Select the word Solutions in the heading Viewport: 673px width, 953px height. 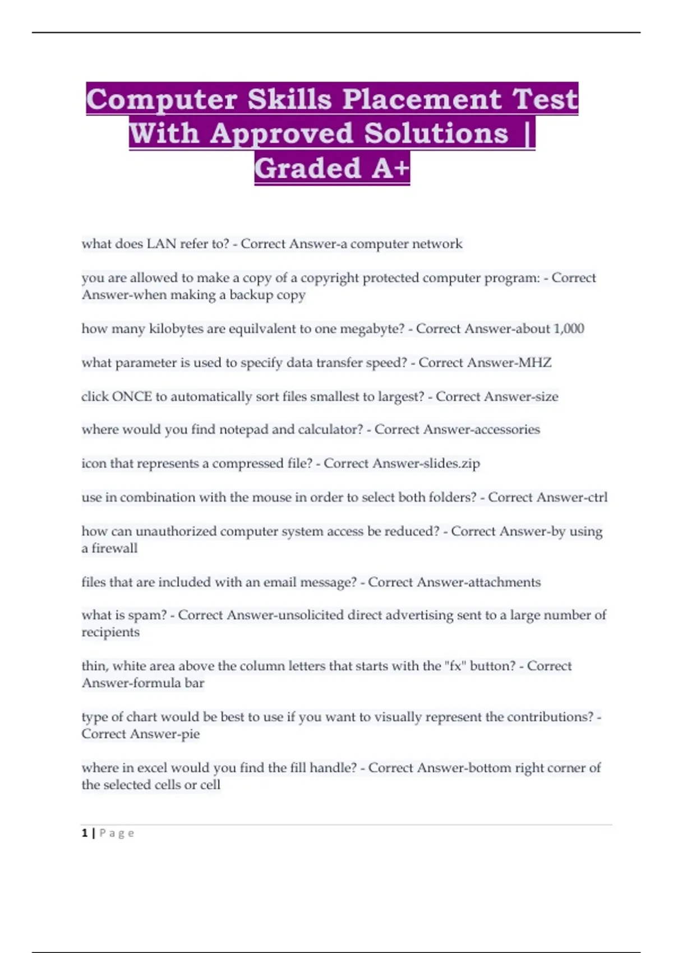tap(436, 133)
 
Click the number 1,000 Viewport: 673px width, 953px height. tap(569, 329)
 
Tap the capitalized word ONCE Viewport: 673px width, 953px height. tap(132, 396)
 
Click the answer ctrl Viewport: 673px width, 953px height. tap(597, 497)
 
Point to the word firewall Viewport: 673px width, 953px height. tap(114, 548)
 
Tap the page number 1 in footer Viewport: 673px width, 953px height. tap(85, 833)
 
